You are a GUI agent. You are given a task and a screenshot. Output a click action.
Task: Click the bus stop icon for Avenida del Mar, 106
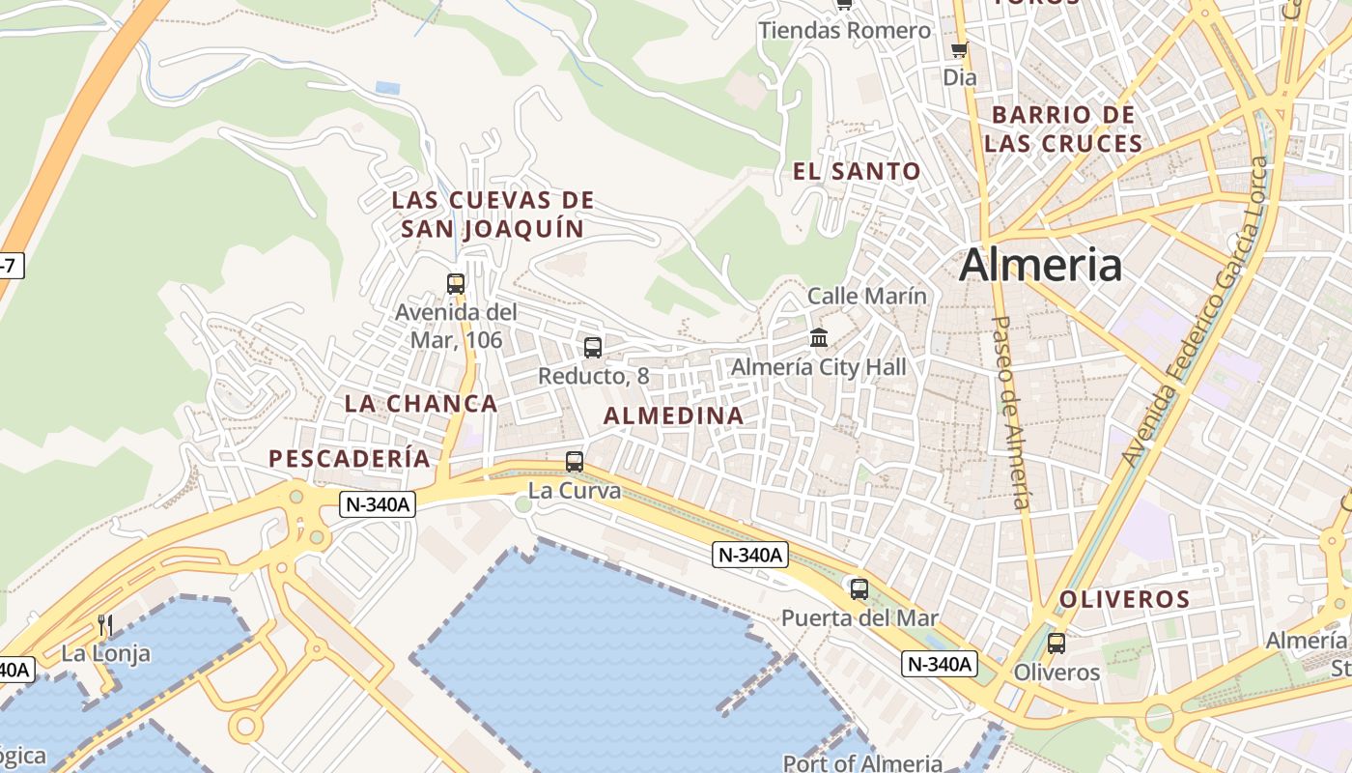pyautogui.click(x=456, y=283)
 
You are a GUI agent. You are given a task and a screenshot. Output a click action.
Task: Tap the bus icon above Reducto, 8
pyautogui.click(x=593, y=347)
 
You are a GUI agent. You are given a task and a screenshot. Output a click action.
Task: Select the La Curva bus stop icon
pyautogui.click(x=575, y=461)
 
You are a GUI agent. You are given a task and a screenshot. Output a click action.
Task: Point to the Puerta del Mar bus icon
pyautogui.click(x=859, y=587)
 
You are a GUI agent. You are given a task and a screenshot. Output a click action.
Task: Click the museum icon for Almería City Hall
pyautogui.click(x=819, y=337)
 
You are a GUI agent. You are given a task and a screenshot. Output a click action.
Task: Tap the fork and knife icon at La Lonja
pyautogui.click(x=105, y=625)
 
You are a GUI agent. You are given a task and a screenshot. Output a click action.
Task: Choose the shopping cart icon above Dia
pyautogui.click(x=959, y=49)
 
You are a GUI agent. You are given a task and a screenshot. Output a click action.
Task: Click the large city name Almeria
pyautogui.click(x=1040, y=265)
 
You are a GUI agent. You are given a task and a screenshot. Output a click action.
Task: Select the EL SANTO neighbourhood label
pyautogui.click(x=857, y=172)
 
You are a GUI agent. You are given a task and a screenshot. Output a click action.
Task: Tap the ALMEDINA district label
pyautogui.click(x=674, y=416)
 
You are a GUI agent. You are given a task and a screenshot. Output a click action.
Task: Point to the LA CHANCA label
pyautogui.click(x=421, y=404)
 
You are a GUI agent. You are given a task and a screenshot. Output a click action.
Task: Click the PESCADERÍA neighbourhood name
pyautogui.click(x=350, y=459)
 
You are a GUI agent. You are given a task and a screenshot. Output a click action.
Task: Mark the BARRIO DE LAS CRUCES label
pyautogui.click(x=1063, y=129)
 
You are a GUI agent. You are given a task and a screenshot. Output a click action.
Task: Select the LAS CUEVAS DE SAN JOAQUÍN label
pyautogui.click(x=493, y=215)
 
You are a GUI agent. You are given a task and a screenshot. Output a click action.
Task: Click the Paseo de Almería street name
pyautogui.click(x=1011, y=412)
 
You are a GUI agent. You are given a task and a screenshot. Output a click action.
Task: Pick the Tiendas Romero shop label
pyautogui.click(x=845, y=31)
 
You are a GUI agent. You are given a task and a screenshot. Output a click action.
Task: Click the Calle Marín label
pyautogui.click(x=866, y=296)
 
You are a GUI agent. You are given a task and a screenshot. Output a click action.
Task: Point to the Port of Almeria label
pyautogui.click(x=861, y=763)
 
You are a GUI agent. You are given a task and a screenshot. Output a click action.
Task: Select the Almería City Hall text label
pyautogui.click(x=819, y=367)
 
